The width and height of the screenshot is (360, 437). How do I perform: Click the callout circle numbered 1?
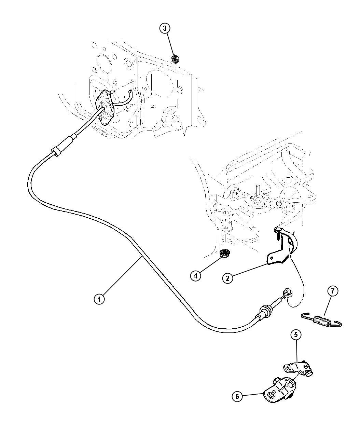pos(99,300)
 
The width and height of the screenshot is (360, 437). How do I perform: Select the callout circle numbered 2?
pos(228,278)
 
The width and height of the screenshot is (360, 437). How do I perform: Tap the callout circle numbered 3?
pos(165,29)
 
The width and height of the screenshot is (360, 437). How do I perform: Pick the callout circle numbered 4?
pos(196,276)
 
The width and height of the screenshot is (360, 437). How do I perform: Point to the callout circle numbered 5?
pos(296,335)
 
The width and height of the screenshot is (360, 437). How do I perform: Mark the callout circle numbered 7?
pos(333,291)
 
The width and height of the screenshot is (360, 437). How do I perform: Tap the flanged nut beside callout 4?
pos(224,254)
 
